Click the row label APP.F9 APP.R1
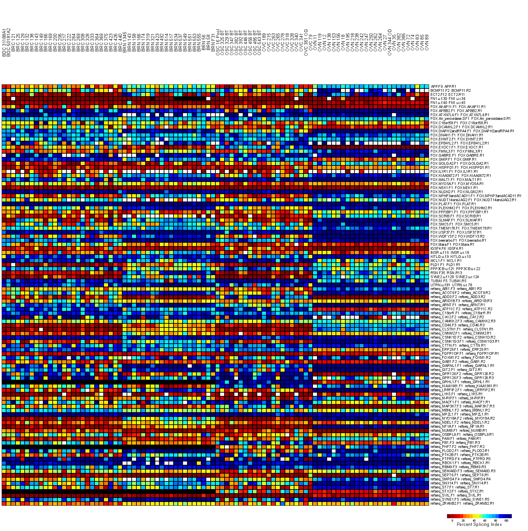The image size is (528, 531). (x=444, y=86)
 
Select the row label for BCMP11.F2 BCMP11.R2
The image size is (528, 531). (x=450, y=90)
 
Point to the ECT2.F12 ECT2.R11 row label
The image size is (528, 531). (x=448, y=95)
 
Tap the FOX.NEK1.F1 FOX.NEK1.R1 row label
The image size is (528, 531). (x=454, y=188)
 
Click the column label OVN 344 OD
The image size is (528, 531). (x=390, y=41)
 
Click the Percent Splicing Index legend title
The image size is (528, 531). (x=479, y=524)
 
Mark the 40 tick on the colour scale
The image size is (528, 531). (x=474, y=521)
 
